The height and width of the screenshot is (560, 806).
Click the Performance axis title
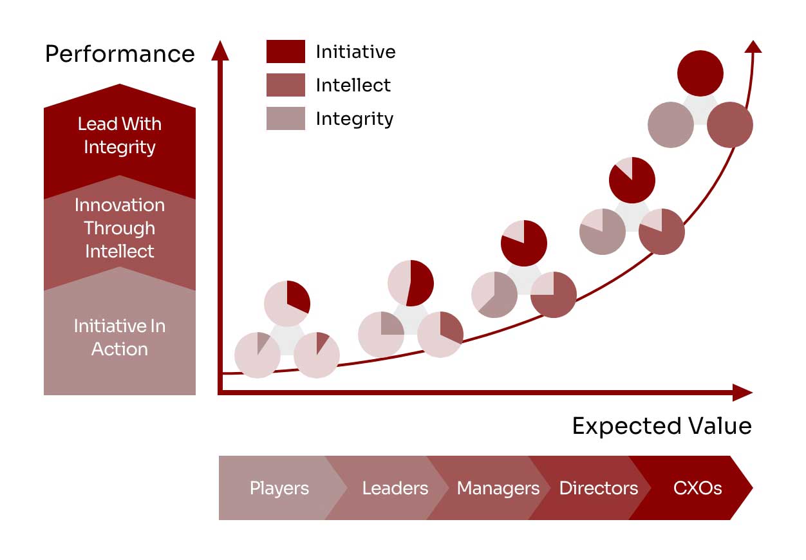point(120,54)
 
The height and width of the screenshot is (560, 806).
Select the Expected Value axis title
point(662,426)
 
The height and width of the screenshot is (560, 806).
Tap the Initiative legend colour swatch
point(285,51)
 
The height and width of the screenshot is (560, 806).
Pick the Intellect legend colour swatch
point(285,85)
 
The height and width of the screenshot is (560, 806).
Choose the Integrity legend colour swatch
point(285,118)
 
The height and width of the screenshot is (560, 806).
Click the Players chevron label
point(279,488)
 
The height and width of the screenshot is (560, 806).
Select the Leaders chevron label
point(395,488)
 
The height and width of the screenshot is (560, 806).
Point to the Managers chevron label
point(498,488)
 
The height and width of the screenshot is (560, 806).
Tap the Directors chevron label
point(599,488)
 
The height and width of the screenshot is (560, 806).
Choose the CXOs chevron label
point(697,488)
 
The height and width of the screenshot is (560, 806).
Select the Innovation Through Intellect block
point(120,228)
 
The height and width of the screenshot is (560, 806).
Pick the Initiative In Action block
point(120,337)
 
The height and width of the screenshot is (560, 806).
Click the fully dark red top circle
point(700,73)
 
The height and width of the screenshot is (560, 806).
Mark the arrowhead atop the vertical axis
point(220,50)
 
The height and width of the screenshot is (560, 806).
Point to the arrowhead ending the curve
point(753,46)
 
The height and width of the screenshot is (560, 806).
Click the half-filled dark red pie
point(411,283)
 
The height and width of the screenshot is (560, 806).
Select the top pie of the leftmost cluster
point(287,303)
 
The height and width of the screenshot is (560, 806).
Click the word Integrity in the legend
point(354,119)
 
